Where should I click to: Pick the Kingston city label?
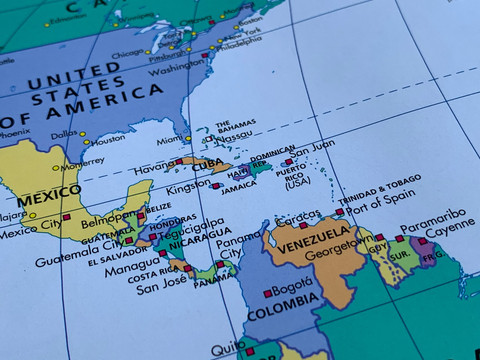tap(189, 188)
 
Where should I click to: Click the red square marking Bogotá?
tap(267, 293)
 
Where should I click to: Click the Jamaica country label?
tap(239, 186)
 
